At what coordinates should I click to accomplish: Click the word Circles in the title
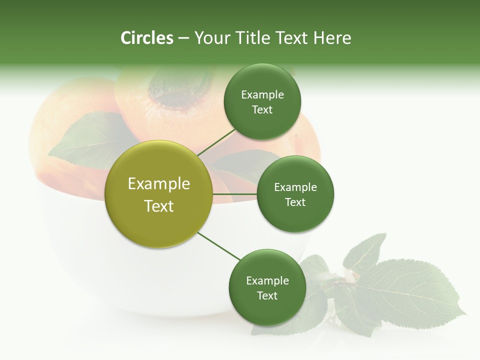tap(147, 38)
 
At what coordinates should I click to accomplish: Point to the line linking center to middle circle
tap(234, 194)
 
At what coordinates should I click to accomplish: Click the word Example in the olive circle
tap(159, 184)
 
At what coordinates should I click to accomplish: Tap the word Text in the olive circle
tap(159, 206)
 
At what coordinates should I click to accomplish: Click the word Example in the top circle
tap(262, 95)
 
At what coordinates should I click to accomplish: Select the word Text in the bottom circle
tap(267, 296)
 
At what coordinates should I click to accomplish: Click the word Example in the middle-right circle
tap(295, 187)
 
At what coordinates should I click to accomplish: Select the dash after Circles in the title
tap(183, 38)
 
